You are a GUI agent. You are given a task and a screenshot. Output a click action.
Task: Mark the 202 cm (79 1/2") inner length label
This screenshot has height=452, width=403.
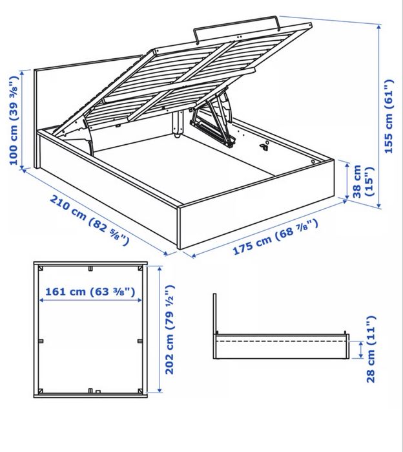(x=170, y=330)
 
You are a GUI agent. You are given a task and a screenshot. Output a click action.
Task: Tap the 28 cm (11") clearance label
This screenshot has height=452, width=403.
(x=370, y=349)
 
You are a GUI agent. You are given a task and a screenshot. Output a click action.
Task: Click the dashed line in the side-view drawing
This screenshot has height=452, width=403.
(x=281, y=339)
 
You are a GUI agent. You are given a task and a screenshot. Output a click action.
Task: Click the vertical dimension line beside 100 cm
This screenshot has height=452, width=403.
(x=23, y=120)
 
